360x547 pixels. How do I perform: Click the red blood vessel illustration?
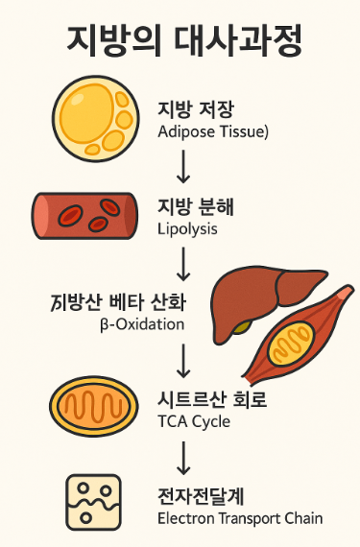coord(84,215)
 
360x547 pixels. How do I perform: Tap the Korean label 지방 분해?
coord(196,207)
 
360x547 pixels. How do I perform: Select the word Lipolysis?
coord(187,229)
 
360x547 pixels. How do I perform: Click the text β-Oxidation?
coord(141,324)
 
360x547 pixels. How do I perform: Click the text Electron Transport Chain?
coord(239,519)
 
